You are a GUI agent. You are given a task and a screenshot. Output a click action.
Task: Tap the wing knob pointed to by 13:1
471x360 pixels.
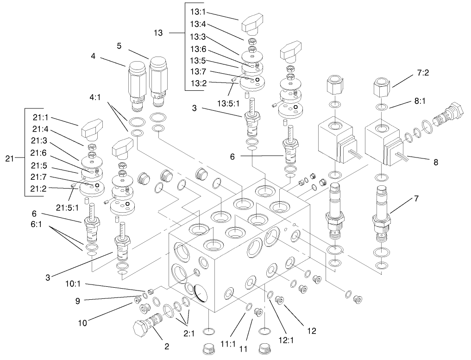coord(252,25)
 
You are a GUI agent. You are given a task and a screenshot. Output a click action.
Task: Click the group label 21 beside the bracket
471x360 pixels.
coord(10,159)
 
